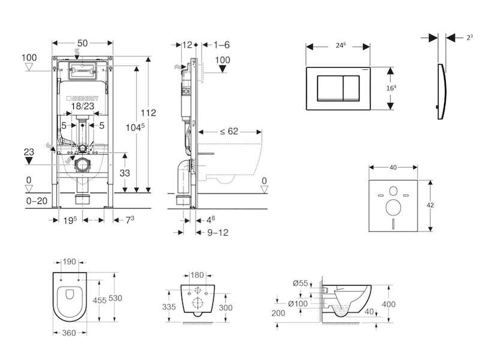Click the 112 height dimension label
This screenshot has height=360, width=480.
tap(149, 113)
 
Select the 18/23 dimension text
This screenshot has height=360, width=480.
tap(83, 106)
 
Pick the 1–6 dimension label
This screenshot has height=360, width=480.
tap(222, 44)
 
